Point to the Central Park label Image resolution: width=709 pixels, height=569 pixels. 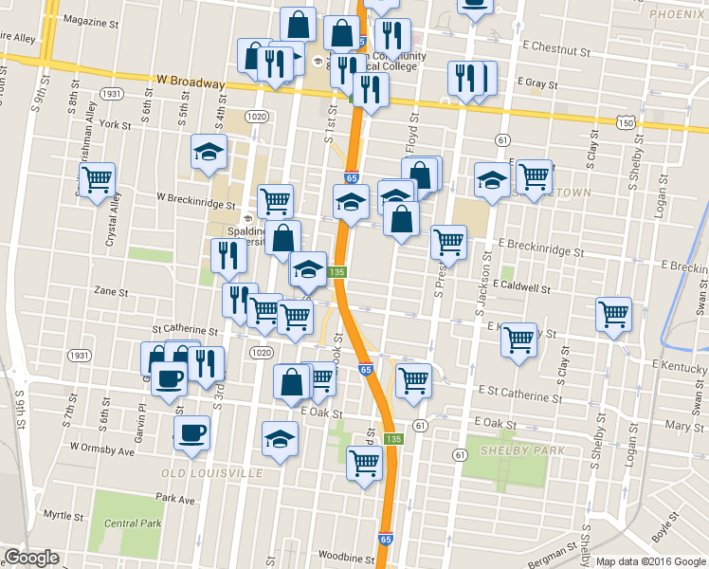click(x=133, y=523)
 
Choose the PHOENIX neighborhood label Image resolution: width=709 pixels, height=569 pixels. click(x=679, y=15)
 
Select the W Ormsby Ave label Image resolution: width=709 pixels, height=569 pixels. click(x=101, y=448)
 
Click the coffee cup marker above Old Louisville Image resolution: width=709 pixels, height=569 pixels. click(x=192, y=433)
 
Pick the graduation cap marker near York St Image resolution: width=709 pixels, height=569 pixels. click(x=209, y=150)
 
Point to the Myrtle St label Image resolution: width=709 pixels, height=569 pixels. click(x=64, y=515)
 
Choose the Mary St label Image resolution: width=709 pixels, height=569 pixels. click(x=684, y=427)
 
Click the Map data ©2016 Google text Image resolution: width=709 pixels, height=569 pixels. click(x=650, y=561)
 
